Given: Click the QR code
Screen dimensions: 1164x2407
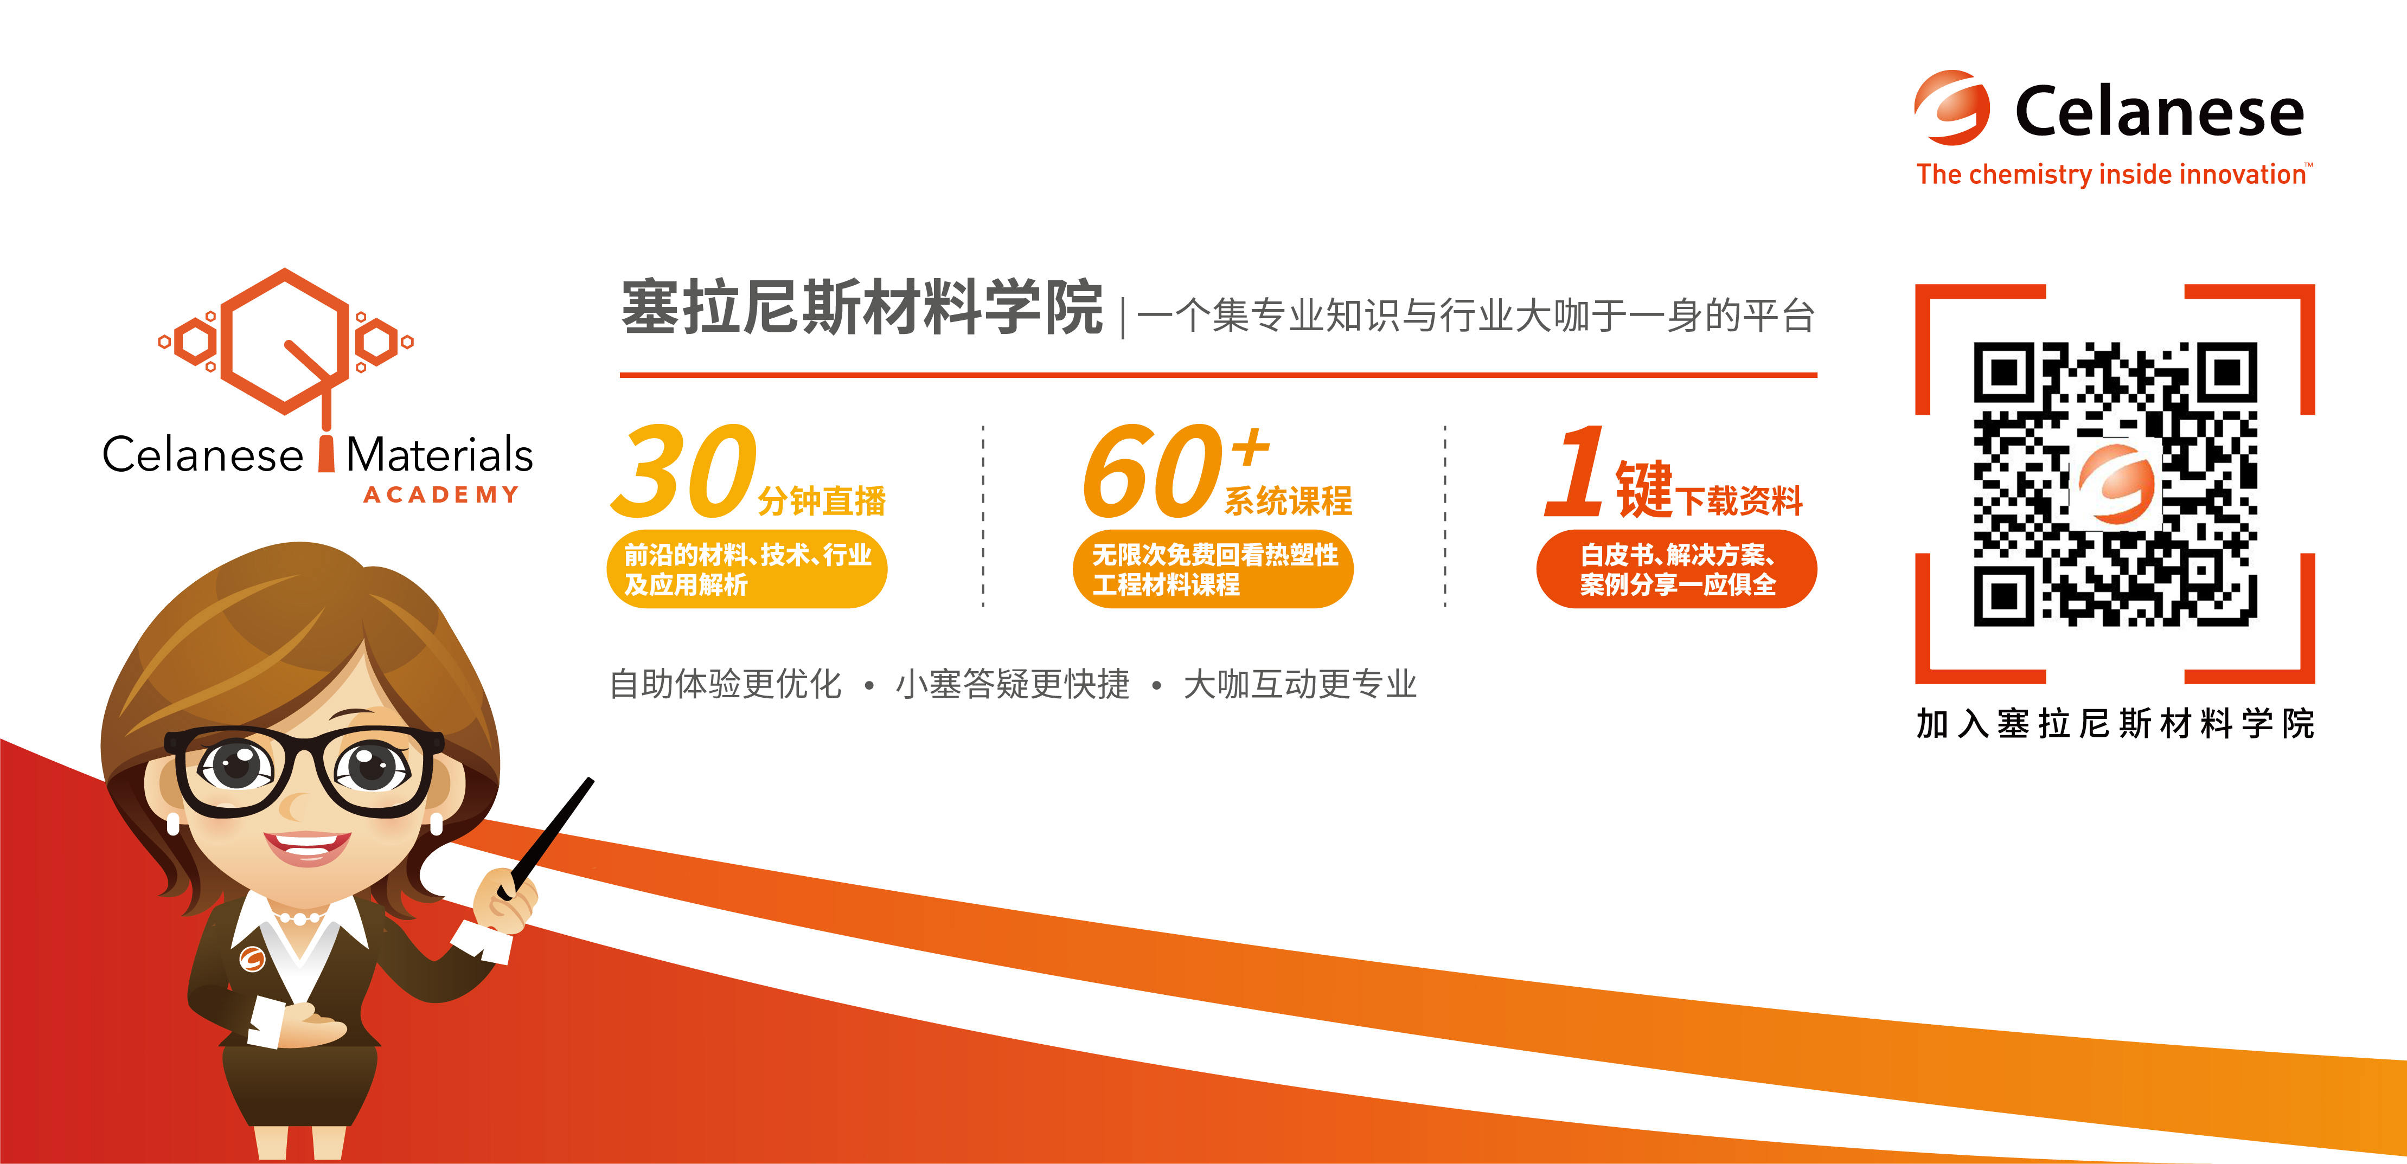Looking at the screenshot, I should coord(2115,483).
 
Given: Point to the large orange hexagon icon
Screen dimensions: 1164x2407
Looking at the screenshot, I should coord(284,341).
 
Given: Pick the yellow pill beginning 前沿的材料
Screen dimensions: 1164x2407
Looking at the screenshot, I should coord(747,569).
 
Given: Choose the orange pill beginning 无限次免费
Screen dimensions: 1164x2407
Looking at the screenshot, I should coord(1213,569).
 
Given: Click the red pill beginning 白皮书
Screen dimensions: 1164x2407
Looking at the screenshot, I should coord(1676,569).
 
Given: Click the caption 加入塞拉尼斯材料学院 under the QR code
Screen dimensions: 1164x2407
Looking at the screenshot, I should coord(2115,723).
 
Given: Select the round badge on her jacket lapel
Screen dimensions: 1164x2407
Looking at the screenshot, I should coord(252,960).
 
